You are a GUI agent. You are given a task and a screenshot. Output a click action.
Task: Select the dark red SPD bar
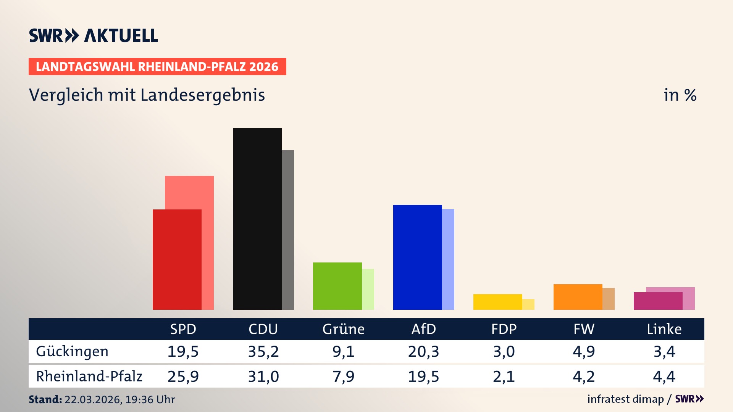coord(177,259)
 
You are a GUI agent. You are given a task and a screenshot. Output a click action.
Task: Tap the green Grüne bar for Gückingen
coord(337,286)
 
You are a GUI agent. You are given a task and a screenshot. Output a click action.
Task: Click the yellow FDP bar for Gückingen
coord(497,302)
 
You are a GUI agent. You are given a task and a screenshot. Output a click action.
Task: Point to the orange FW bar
coord(578,297)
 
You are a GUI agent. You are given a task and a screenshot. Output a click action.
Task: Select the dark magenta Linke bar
coord(658,301)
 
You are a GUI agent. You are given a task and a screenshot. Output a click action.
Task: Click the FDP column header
coord(504,329)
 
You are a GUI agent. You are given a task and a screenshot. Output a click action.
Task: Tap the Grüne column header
coord(343,329)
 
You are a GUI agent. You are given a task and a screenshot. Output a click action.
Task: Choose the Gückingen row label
coord(72,351)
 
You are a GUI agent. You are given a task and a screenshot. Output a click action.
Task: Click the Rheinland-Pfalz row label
coord(89,376)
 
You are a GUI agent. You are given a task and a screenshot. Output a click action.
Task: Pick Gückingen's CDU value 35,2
coord(263,351)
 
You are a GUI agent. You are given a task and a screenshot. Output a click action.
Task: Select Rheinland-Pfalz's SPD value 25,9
coord(183,377)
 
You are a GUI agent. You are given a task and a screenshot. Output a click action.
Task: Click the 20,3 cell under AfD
coord(423,351)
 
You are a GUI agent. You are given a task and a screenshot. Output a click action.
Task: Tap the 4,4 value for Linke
coord(664,377)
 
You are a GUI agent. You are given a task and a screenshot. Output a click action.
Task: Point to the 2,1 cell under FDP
coord(504,377)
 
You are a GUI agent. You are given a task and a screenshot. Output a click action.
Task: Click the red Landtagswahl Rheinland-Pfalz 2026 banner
coord(157,67)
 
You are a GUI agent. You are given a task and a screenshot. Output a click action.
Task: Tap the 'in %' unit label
coord(680,95)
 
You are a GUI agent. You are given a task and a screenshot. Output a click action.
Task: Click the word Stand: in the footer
coord(45,399)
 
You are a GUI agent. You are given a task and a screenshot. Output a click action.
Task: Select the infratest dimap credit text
coord(625,399)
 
